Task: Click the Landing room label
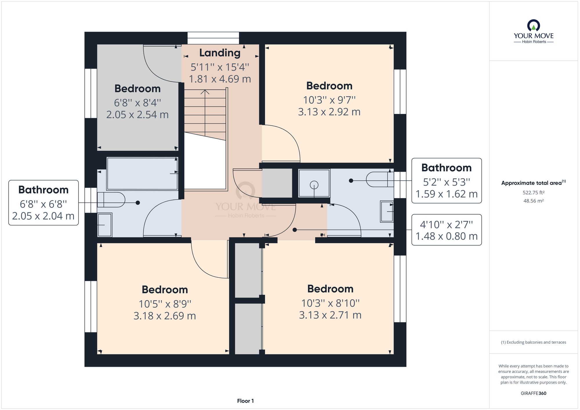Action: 220,53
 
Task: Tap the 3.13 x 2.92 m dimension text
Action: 329,112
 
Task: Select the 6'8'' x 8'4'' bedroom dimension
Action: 137,103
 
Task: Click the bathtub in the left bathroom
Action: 142,174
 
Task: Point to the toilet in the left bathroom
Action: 111,199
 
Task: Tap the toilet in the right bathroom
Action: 380,179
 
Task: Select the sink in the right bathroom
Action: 387,212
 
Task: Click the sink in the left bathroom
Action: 104,225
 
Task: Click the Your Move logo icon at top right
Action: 534,26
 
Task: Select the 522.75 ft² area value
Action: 533,193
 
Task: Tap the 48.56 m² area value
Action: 533,201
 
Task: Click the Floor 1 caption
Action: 245,401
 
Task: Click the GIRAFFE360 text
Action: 533,393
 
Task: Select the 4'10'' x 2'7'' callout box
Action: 446,230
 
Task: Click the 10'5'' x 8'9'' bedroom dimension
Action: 165,304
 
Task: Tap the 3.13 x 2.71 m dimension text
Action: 330,315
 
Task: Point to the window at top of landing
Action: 213,38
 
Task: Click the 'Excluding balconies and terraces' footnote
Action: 533,342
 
